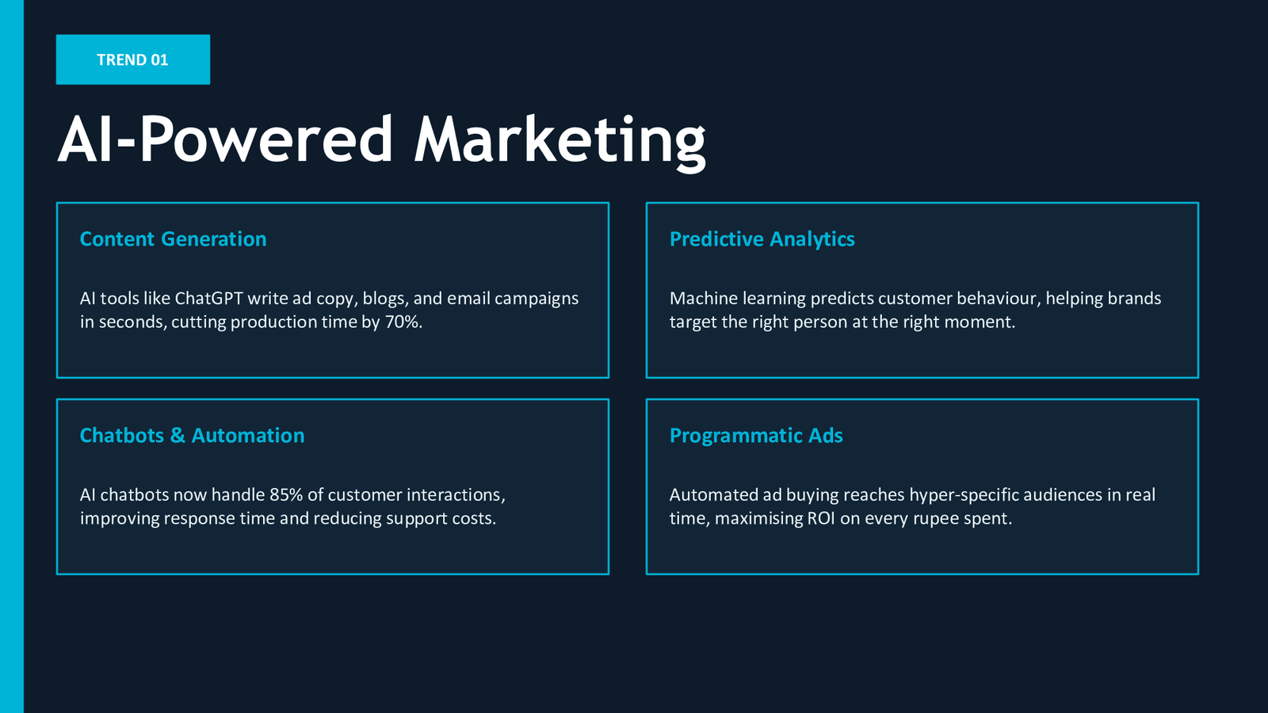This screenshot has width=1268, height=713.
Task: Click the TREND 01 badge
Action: [x=133, y=59]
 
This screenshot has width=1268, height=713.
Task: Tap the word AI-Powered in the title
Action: [x=225, y=139]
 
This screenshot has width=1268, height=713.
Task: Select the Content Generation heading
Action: [x=174, y=238]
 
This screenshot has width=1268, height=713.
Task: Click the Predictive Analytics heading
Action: [x=762, y=238]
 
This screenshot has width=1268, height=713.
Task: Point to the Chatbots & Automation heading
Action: [x=193, y=435]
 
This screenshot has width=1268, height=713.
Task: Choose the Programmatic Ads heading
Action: [x=756, y=435]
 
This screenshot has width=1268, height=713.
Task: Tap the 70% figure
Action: [x=403, y=322]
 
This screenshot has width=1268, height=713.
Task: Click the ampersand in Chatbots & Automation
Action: [x=178, y=435]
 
